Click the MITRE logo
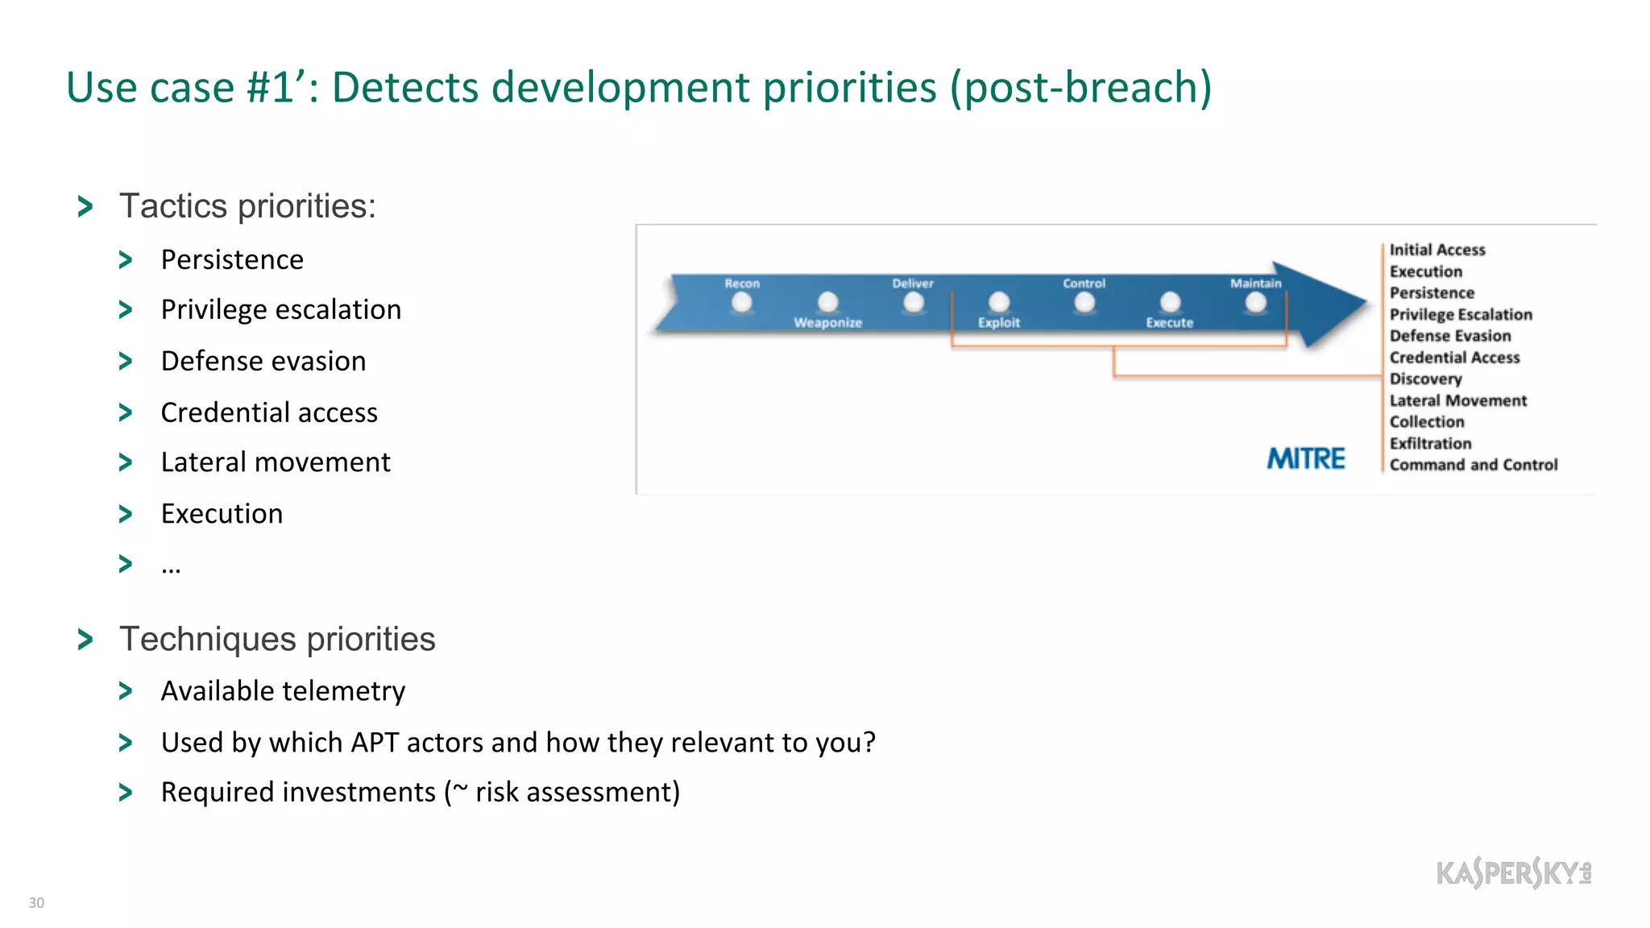(1305, 458)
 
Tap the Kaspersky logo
(1513, 872)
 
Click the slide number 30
(36, 902)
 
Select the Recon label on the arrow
(741, 284)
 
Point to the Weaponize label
(827, 322)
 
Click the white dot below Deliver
(913, 303)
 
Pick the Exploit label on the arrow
(998, 322)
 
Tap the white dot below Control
(1084, 303)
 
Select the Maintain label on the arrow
(1255, 284)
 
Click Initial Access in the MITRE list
(1436, 250)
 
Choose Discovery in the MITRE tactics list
(1425, 379)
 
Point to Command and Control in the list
(1473, 465)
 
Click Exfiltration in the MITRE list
(1430, 443)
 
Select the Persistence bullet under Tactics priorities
(232, 259)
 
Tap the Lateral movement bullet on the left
(276, 462)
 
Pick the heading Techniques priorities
(277, 639)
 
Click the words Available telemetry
(283, 691)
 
